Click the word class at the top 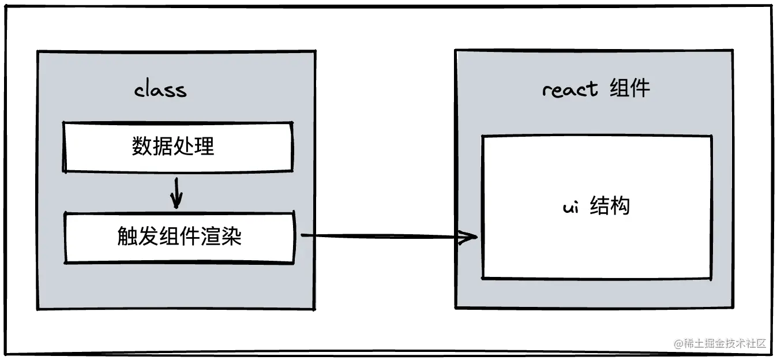[160, 91]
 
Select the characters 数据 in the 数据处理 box [152, 147]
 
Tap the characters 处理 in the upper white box [194, 147]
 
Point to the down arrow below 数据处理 [177, 193]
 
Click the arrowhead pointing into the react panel [467, 237]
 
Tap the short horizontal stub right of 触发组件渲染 [307, 235]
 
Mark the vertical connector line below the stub [316, 271]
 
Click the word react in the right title [570, 89]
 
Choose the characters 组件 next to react [630, 89]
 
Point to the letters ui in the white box [570, 207]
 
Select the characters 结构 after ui [610, 206]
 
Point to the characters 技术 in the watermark [734, 343]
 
